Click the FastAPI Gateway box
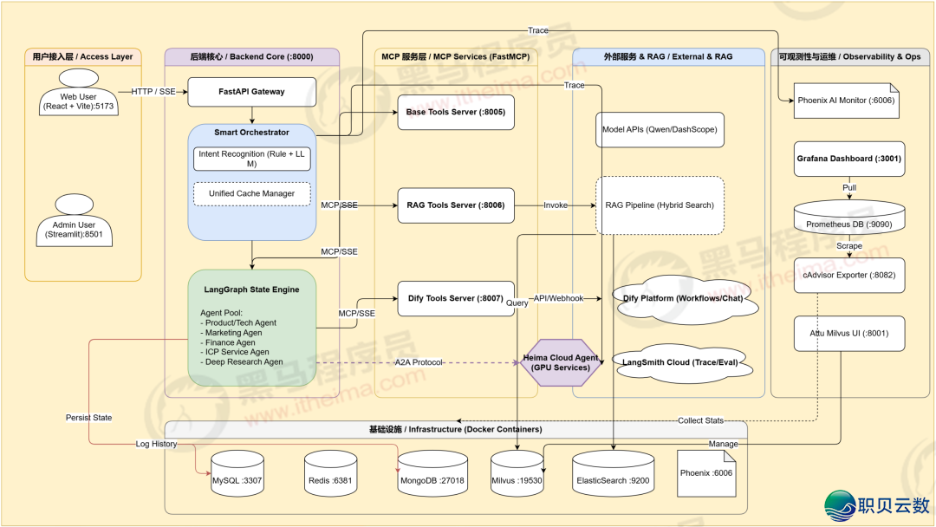[x=251, y=91]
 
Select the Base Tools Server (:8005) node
[x=455, y=113]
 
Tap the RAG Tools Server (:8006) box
[x=455, y=205]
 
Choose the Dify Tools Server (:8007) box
[x=455, y=298]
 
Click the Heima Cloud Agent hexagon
[x=561, y=362]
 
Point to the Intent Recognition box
[x=250, y=159]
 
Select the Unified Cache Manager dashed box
[x=251, y=194]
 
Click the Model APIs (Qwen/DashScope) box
[x=660, y=129]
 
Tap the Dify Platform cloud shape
[x=684, y=299]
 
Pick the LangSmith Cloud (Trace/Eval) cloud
[x=679, y=362]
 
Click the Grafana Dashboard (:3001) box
[x=837, y=159]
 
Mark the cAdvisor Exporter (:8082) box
[x=837, y=275]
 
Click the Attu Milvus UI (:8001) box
[x=837, y=333]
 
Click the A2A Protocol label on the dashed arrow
[x=419, y=362]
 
